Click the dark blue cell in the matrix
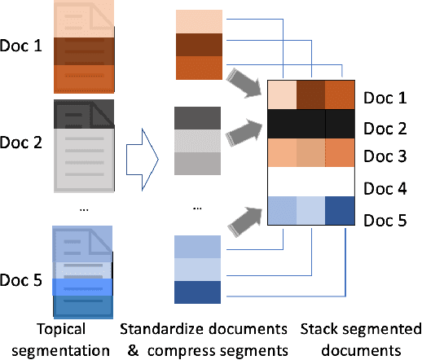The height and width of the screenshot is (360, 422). pos(341,213)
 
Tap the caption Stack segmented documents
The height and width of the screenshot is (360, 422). pos(358,340)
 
